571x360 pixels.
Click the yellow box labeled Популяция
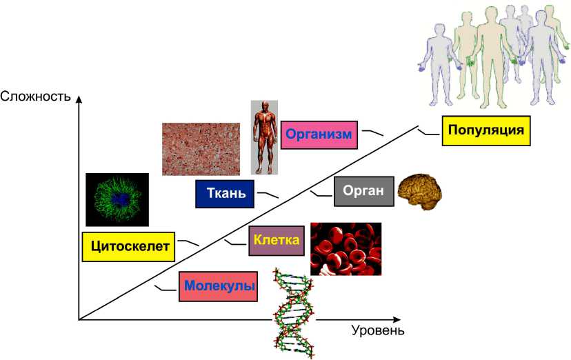(x=486, y=130)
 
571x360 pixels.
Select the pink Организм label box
(x=321, y=134)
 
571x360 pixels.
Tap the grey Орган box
(x=363, y=191)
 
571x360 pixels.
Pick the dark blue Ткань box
(x=225, y=193)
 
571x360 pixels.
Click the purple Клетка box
(x=276, y=241)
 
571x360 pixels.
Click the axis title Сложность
(x=35, y=95)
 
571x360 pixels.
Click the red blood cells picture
(x=345, y=249)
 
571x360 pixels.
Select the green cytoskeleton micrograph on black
(x=117, y=199)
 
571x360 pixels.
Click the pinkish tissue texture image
(x=201, y=148)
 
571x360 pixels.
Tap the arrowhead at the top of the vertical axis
(x=79, y=101)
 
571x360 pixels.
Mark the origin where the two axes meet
(x=79, y=320)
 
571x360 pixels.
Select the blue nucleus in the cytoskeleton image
(x=121, y=200)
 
